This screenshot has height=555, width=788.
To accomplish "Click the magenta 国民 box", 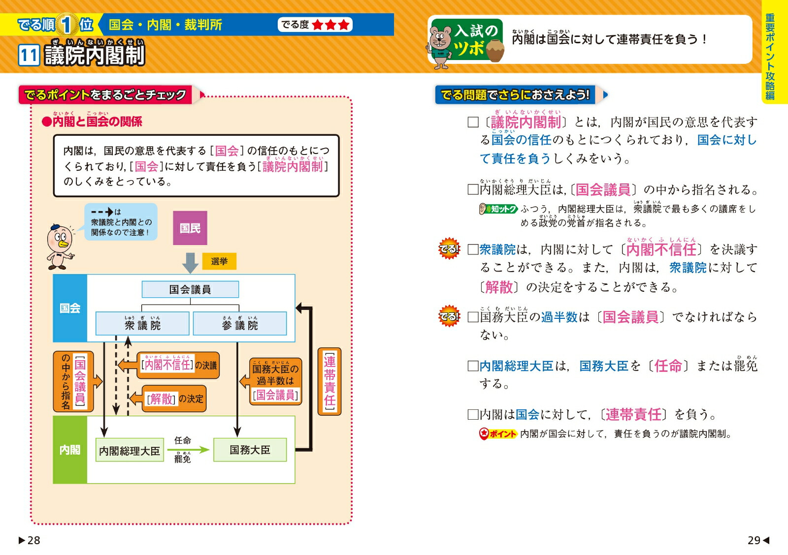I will [190, 228].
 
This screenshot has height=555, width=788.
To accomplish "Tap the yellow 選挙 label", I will [219, 261].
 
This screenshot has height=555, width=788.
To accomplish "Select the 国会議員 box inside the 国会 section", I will [190, 289].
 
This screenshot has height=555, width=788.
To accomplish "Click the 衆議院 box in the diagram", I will [142, 324].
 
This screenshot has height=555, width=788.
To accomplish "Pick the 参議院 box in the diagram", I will [240, 324].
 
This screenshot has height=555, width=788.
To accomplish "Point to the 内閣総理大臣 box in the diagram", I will [130, 450].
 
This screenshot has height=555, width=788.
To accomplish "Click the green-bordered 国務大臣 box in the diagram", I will [250, 450].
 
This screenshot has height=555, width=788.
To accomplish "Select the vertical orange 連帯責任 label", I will [329, 381].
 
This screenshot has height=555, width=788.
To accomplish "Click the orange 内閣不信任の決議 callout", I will [178, 365].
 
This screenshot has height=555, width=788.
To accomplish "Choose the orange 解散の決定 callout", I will [174, 399].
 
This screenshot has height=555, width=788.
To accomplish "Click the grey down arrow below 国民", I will [190, 263].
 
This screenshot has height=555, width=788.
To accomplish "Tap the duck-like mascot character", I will [60, 247].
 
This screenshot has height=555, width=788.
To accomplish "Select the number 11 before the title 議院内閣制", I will [29, 55].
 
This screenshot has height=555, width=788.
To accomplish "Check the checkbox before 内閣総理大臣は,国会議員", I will [473, 189].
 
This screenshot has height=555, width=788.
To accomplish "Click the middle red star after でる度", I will [330, 25].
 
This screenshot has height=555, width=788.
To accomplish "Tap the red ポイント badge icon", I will [485, 434].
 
